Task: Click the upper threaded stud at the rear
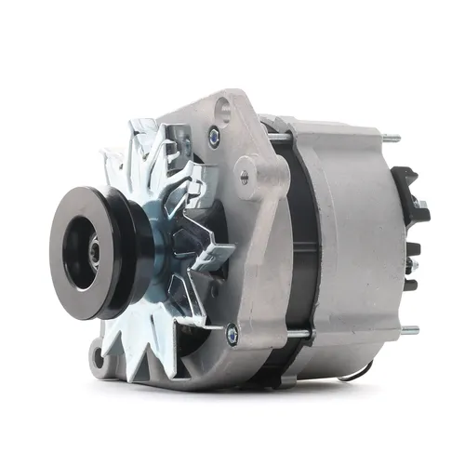click(392, 139)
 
